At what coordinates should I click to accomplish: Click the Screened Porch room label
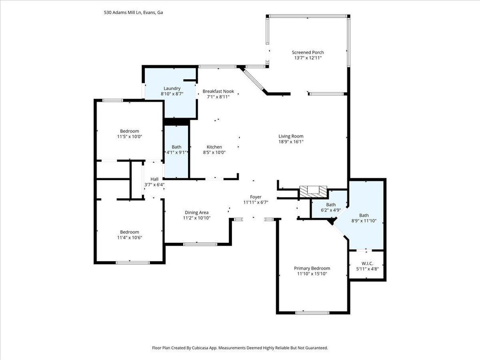point(307,52)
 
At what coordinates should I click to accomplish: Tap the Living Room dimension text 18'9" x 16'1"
point(291,142)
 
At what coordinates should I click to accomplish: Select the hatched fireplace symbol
point(313,192)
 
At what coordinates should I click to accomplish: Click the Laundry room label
point(172,89)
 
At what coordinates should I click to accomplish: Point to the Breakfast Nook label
point(218,91)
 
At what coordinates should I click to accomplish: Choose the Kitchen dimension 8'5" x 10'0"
point(214,152)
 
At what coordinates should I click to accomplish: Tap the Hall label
point(154,179)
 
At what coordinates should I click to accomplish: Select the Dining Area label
point(196,212)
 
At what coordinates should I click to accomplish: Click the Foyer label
point(255,197)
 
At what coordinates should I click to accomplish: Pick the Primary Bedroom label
point(312,268)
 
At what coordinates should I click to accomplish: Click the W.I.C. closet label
point(367,263)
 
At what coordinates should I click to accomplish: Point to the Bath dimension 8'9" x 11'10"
point(364,221)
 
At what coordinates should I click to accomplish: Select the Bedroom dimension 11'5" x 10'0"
point(129,136)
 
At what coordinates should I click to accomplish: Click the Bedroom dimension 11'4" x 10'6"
point(129,238)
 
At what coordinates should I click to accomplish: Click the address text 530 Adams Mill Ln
point(122,13)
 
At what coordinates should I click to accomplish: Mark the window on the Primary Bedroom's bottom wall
point(312,313)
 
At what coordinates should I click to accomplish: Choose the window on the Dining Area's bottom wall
point(200,244)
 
